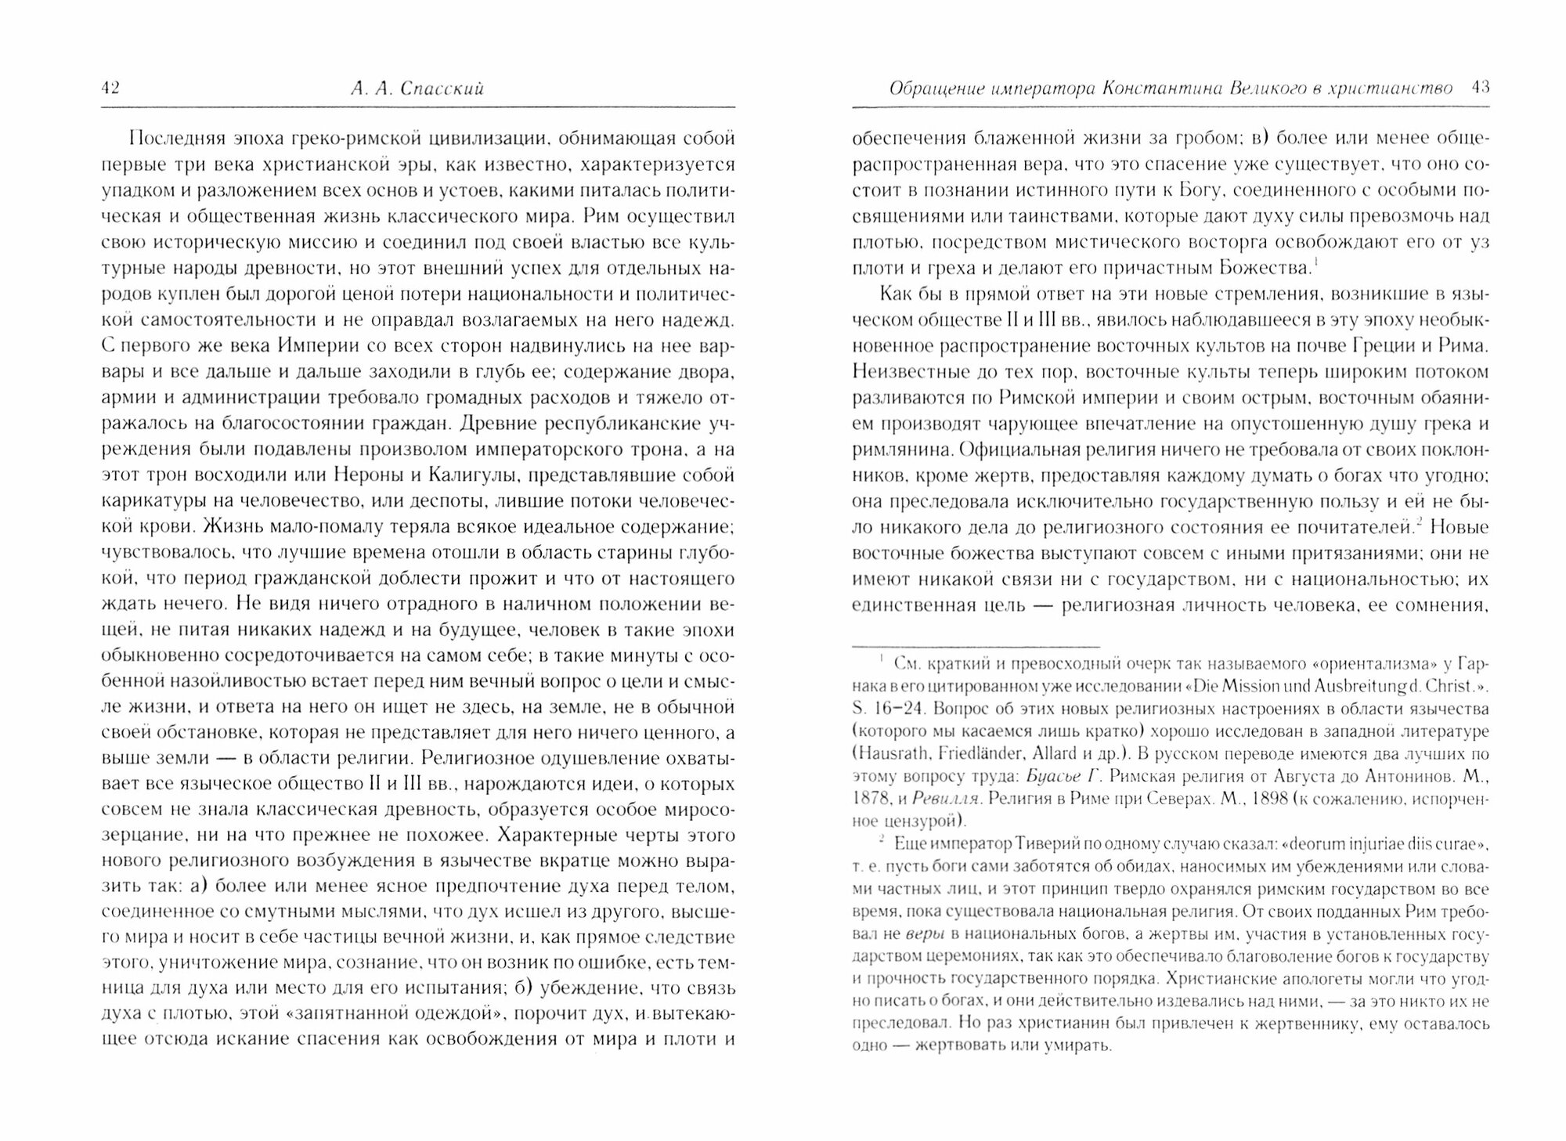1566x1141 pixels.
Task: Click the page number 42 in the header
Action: pos(110,88)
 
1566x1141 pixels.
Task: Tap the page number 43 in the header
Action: pos(1480,88)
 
